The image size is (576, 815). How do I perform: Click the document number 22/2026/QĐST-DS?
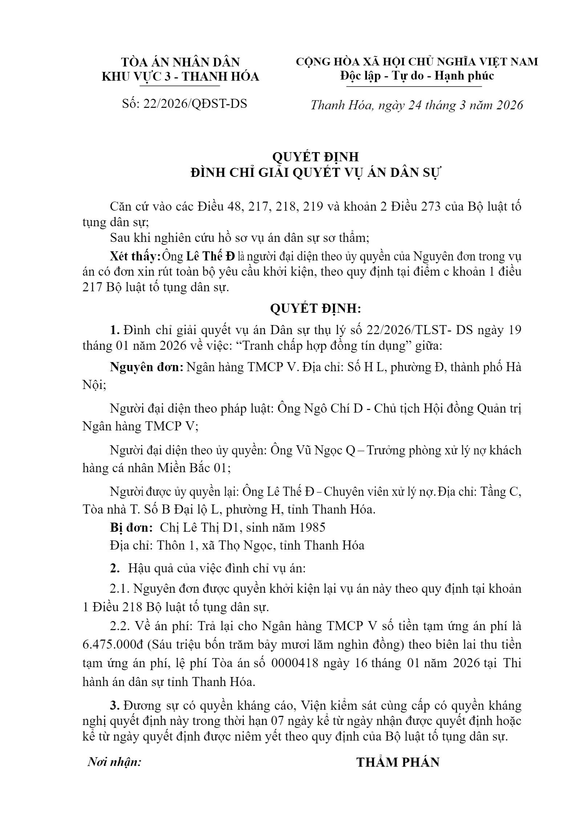[195, 104]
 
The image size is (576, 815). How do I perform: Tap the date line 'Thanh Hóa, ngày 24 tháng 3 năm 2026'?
[417, 105]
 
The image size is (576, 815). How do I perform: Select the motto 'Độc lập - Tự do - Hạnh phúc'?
[417, 76]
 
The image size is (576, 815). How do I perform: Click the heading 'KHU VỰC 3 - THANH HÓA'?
[180, 77]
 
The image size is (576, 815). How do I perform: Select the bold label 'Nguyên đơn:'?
[147, 367]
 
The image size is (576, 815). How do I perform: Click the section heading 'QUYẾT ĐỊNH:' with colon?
[315, 309]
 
